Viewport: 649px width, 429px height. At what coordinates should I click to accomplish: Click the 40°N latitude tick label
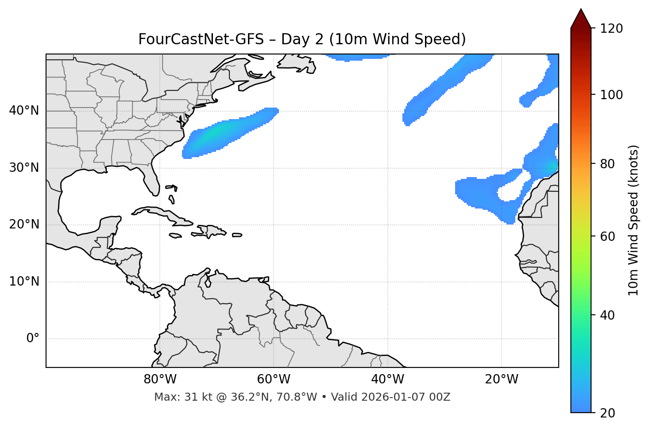24,111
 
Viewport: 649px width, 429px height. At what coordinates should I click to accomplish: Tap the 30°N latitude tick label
24,168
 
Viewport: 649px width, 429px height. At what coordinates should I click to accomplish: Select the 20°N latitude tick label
24,224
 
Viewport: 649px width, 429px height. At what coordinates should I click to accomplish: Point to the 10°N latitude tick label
24,282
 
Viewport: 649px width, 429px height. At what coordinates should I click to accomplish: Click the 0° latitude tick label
33,339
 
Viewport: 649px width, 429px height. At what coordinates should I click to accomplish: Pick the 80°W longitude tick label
160,379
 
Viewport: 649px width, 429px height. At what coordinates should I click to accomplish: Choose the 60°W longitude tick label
274,379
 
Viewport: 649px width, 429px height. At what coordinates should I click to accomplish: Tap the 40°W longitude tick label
387,379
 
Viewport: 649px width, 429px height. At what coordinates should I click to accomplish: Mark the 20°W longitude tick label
502,379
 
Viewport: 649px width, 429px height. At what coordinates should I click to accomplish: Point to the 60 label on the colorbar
608,236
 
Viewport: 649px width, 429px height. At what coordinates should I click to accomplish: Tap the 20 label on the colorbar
608,413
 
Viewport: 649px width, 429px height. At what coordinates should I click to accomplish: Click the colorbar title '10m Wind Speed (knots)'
634,220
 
